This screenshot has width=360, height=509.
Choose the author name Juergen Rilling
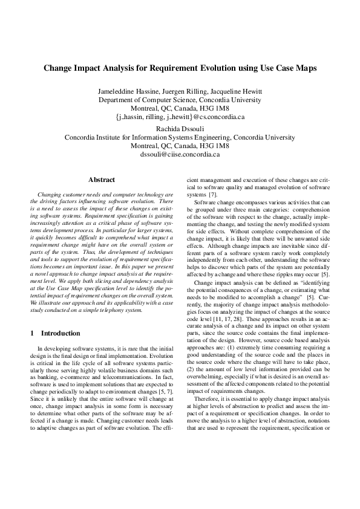182,91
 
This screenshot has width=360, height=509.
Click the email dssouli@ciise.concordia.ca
180,155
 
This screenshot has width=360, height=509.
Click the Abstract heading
101,180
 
